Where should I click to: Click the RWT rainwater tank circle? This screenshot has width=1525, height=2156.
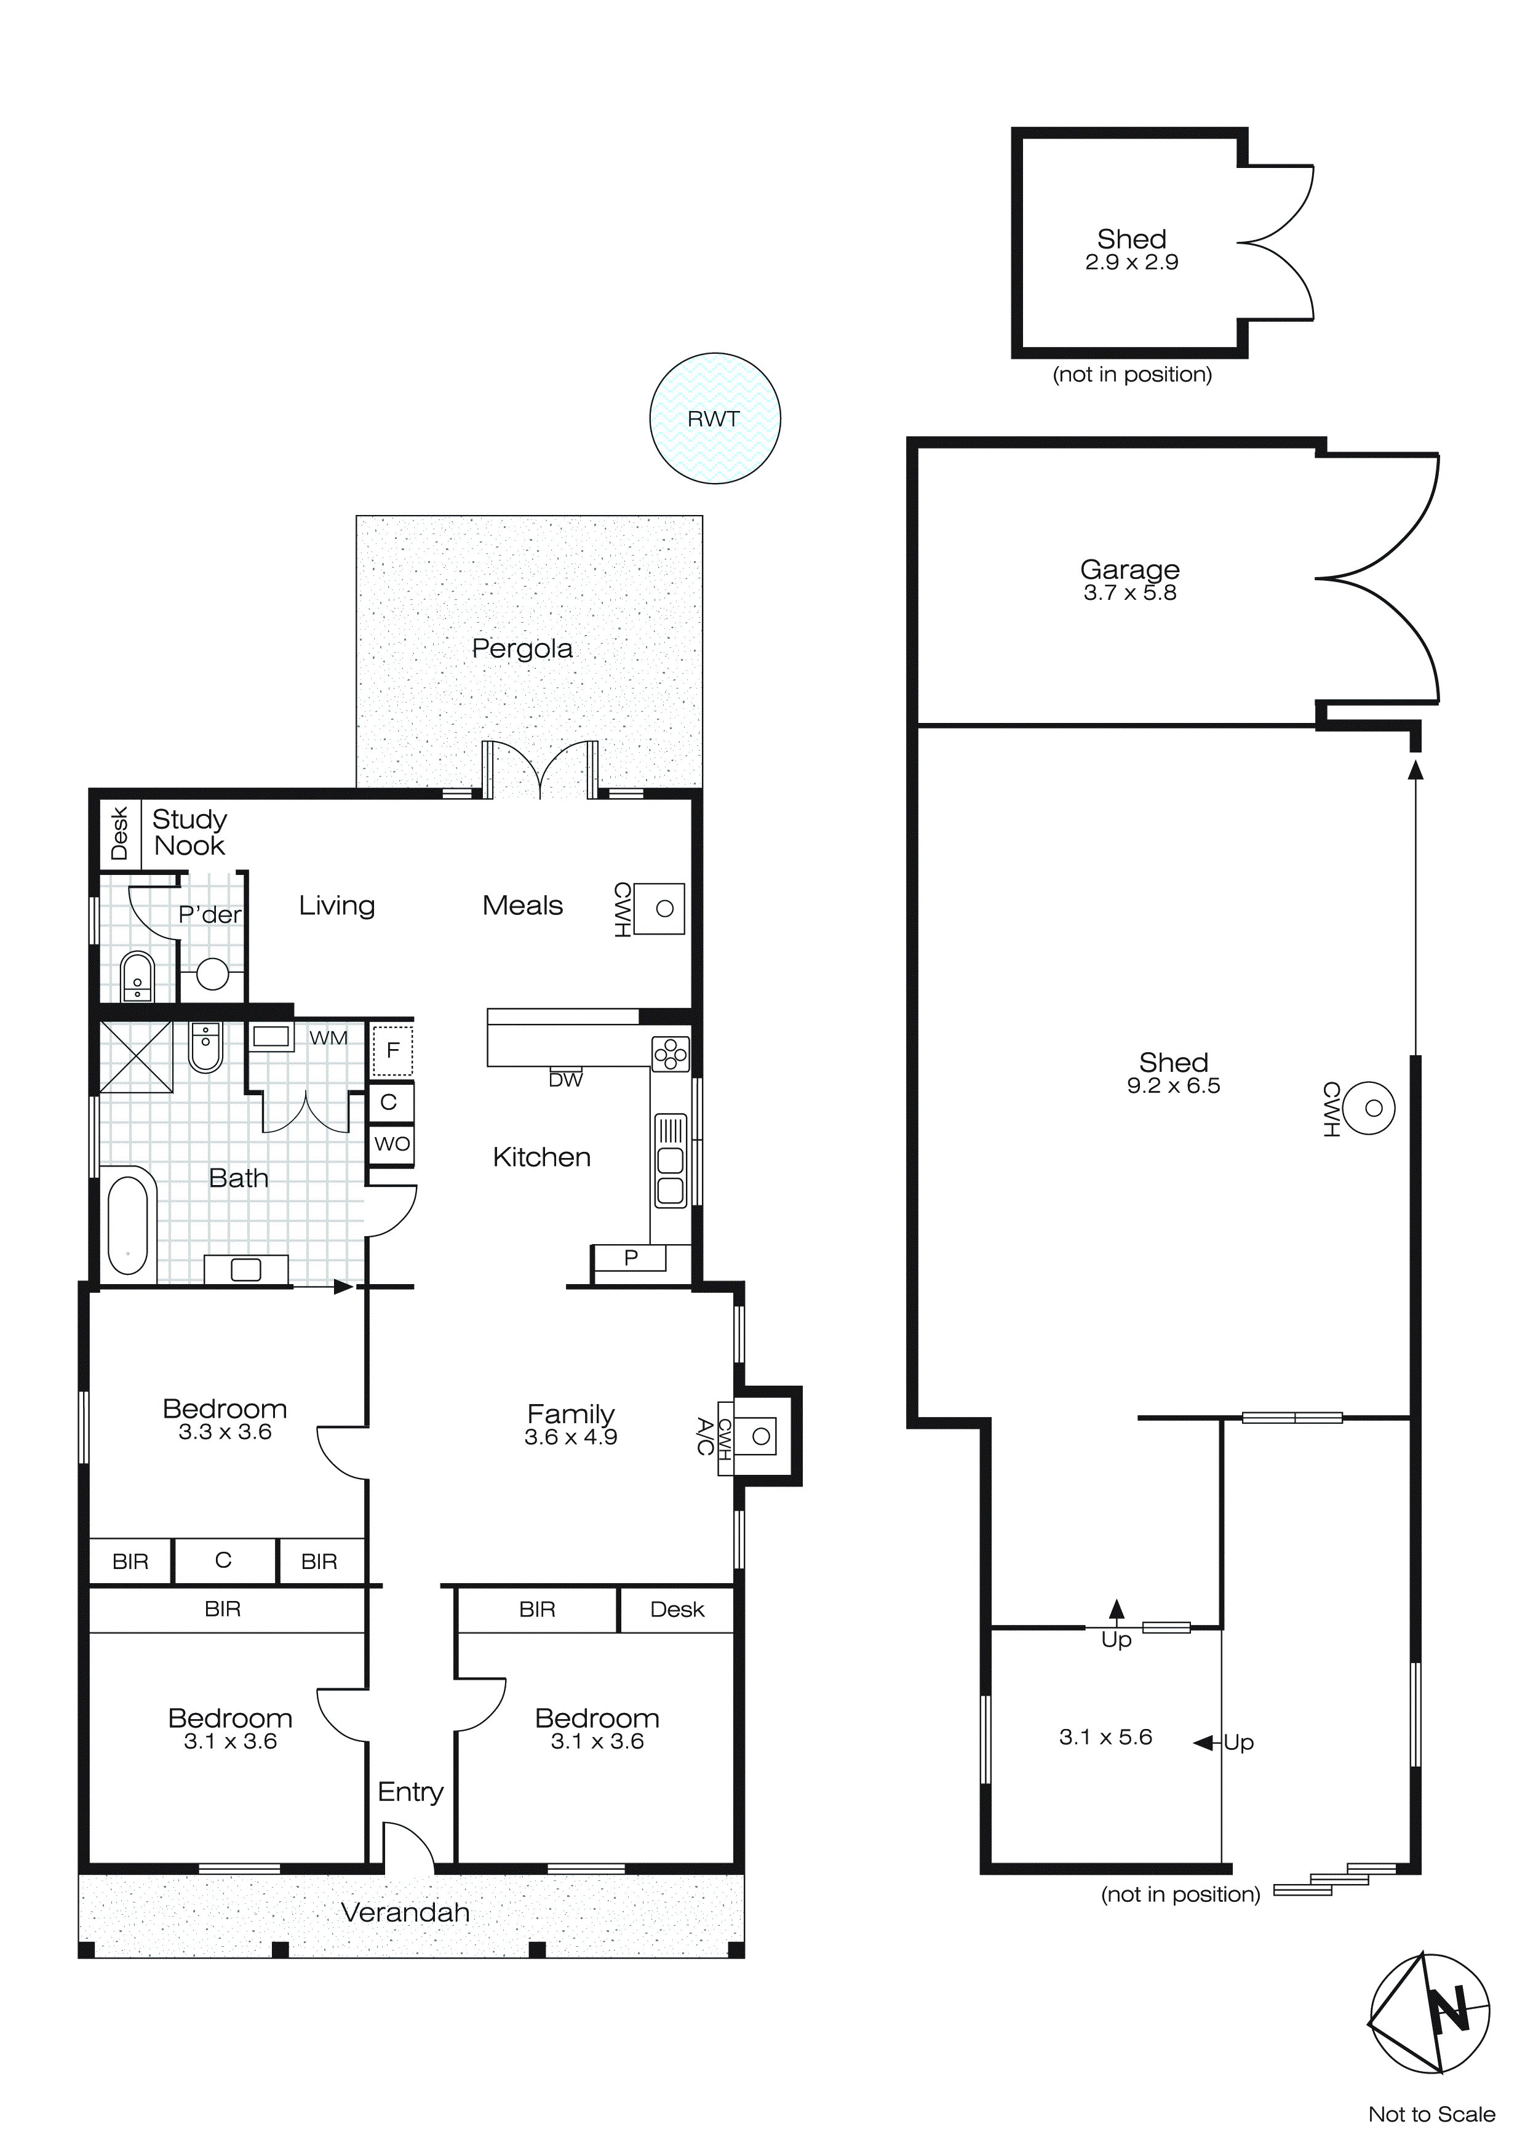pyautogui.click(x=715, y=419)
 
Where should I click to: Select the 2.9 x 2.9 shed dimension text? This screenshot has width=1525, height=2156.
pyautogui.click(x=1131, y=263)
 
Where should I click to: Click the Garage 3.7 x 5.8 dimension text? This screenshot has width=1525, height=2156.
pyautogui.click(x=1129, y=593)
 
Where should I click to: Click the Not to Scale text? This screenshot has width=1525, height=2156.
pyautogui.click(x=1431, y=2115)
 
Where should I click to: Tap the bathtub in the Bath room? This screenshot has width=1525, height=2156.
pyautogui.click(x=129, y=1224)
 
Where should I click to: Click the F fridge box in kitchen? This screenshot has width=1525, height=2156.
pyautogui.click(x=392, y=1050)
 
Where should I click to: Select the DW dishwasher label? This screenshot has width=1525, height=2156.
pyautogui.click(x=565, y=1080)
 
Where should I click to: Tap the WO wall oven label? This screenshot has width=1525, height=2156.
pyautogui.click(x=392, y=1144)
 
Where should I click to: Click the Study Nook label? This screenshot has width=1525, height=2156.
pyautogui.click(x=189, y=832)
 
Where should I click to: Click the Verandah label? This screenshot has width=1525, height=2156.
pyautogui.click(x=405, y=1913)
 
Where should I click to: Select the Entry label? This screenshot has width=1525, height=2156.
pyautogui.click(x=410, y=1792)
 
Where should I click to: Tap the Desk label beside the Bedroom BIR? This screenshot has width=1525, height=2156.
pyautogui.click(x=677, y=1610)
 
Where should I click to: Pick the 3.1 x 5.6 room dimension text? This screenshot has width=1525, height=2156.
pyautogui.click(x=1105, y=1737)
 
